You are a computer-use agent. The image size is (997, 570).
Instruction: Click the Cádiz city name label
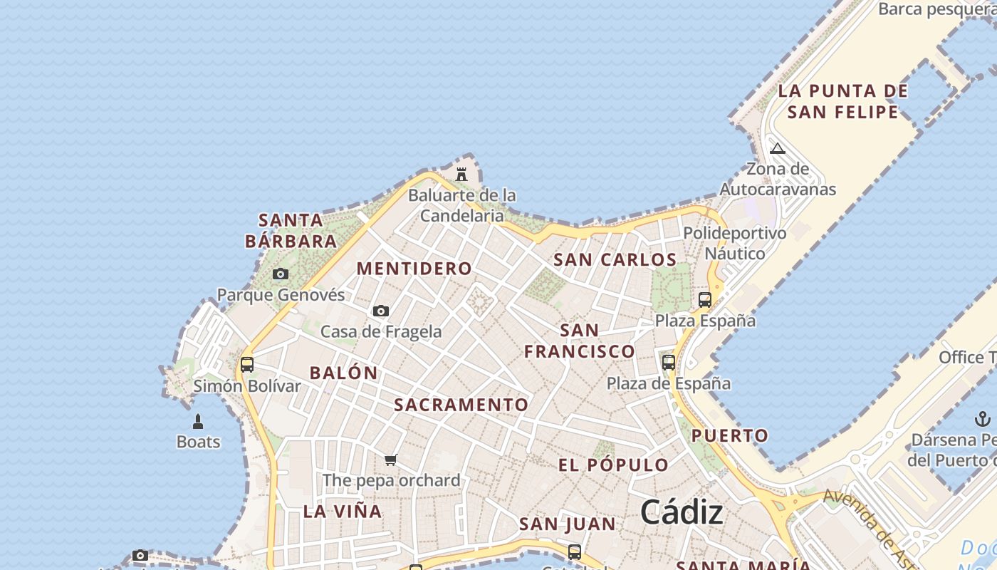pyautogui.click(x=682, y=512)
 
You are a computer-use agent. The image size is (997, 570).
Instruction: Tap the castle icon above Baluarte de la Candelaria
pyautogui.click(x=461, y=174)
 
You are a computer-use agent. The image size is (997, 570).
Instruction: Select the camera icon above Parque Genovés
pyautogui.click(x=281, y=274)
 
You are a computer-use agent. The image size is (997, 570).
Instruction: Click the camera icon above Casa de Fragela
pyautogui.click(x=381, y=311)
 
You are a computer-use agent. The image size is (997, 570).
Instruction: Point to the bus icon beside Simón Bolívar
pyautogui.click(x=247, y=365)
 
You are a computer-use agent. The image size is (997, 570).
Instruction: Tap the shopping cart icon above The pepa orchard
pyautogui.click(x=390, y=460)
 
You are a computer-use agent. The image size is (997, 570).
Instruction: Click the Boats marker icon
pyautogui.click(x=198, y=422)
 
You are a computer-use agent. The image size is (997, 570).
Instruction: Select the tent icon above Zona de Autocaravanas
pyautogui.click(x=778, y=148)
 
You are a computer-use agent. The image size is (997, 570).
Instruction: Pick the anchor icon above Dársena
pyautogui.click(x=983, y=418)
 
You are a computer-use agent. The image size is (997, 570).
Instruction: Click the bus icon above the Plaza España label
pyautogui.click(x=705, y=300)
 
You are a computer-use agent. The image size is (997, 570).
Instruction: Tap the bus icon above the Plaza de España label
pyautogui.click(x=669, y=362)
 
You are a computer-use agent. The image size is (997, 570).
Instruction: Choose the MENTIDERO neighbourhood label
pyautogui.click(x=414, y=269)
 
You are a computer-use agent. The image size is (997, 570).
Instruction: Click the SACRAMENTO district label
pyautogui.click(x=461, y=405)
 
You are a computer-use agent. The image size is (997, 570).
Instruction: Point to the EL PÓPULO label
pyautogui.click(x=613, y=465)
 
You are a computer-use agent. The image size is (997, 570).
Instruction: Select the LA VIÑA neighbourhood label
pyautogui.click(x=343, y=511)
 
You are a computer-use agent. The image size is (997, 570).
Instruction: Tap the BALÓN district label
pyautogui.click(x=344, y=373)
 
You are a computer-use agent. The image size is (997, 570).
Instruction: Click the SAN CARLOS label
pyautogui.click(x=615, y=259)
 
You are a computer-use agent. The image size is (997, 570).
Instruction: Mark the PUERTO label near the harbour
pyautogui.click(x=730, y=435)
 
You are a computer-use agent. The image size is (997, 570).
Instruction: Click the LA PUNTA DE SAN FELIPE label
pyautogui.click(x=843, y=101)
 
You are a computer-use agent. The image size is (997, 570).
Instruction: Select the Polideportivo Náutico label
pyautogui.click(x=735, y=243)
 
